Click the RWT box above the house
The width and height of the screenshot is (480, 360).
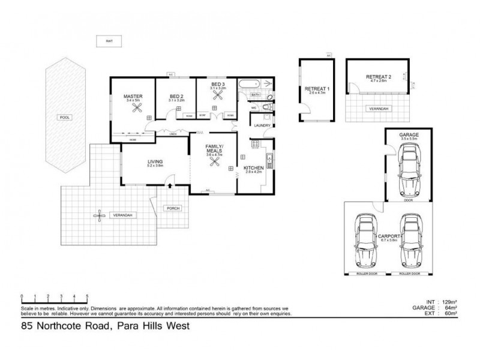109,41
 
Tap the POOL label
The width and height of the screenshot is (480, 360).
65,118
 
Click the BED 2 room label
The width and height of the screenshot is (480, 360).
176,96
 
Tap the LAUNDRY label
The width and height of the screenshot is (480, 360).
263,125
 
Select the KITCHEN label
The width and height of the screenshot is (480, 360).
254,167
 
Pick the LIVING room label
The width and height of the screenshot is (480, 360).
156,161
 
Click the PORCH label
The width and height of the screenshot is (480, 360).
173,208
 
